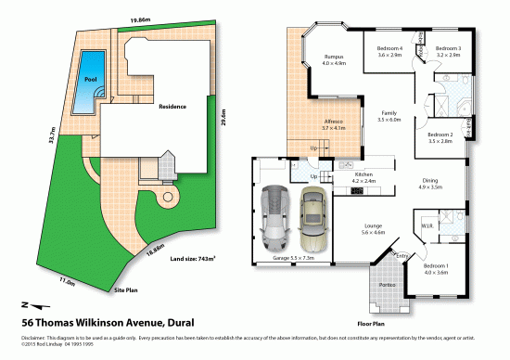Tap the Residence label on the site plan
pos(172,107)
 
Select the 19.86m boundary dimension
pos(141,19)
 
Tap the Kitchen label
pos(363,174)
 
